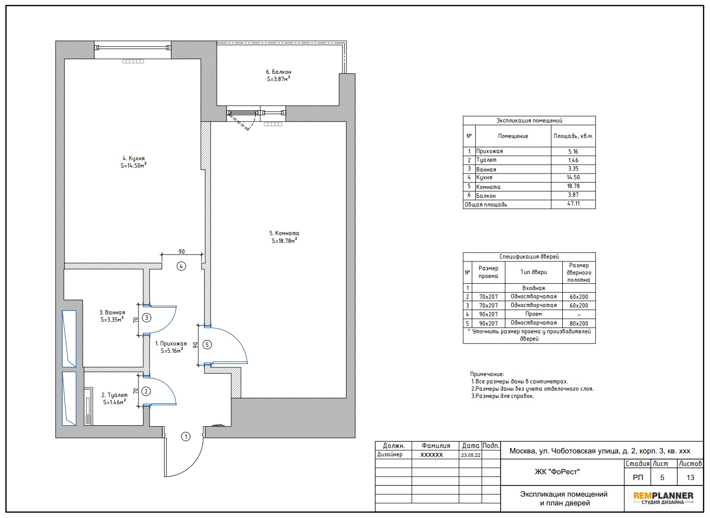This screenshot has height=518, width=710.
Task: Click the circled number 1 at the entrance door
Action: (x=186, y=436)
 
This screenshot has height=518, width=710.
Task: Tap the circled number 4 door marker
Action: (x=181, y=266)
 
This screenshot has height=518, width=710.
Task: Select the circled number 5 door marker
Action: (x=207, y=345)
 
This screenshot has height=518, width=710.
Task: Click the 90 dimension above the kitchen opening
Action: (x=182, y=251)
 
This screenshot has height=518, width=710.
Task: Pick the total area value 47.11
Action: (x=573, y=204)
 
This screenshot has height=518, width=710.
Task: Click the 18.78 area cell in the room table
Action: (x=573, y=186)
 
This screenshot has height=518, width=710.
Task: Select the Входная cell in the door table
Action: (x=534, y=288)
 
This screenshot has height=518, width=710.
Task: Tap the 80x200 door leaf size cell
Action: (x=579, y=323)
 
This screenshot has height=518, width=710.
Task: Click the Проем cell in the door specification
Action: (x=534, y=314)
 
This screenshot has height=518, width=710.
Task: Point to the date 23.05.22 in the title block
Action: (x=471, y=455)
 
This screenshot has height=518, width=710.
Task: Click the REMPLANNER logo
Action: (x=663, y=498)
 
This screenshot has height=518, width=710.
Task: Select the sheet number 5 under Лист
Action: (x=662, y=477)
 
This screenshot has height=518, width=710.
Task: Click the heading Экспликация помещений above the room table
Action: (x=529, y=121)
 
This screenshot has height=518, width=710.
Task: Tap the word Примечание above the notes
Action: (x=487, y=374)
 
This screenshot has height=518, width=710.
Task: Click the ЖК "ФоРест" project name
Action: (x=557, y=472)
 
